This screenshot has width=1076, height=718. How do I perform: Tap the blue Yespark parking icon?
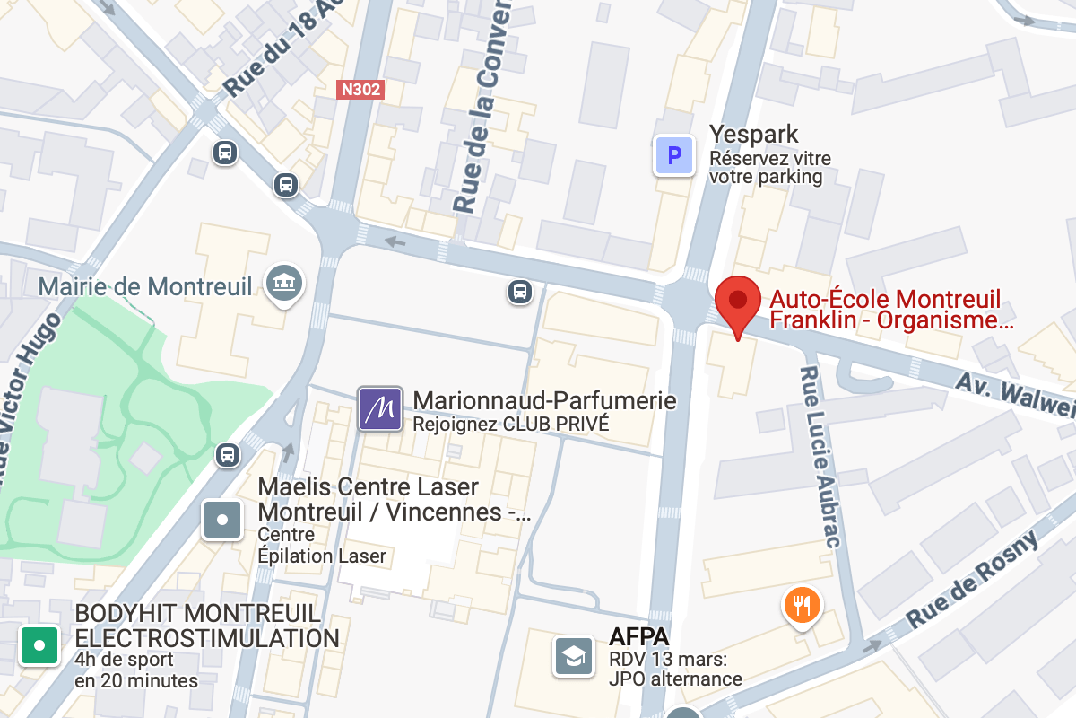click(674, 156)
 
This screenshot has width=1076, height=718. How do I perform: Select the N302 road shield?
click(360, 89)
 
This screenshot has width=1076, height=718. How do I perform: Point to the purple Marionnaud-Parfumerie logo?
click(380, 408)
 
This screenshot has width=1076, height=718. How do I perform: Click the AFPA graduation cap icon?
click(574, 656)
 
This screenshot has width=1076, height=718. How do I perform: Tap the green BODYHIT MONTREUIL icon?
click(39, 644)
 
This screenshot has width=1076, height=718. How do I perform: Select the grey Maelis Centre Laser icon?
click(222, 518)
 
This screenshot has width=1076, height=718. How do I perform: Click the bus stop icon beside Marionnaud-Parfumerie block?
click(519, 291)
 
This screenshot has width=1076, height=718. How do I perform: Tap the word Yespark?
click(753, 135)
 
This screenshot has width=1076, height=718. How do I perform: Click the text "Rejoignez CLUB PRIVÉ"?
click(510, 424)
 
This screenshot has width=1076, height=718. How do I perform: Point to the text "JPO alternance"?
click(675, 679)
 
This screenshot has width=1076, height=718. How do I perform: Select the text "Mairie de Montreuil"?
click(145, 287)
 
